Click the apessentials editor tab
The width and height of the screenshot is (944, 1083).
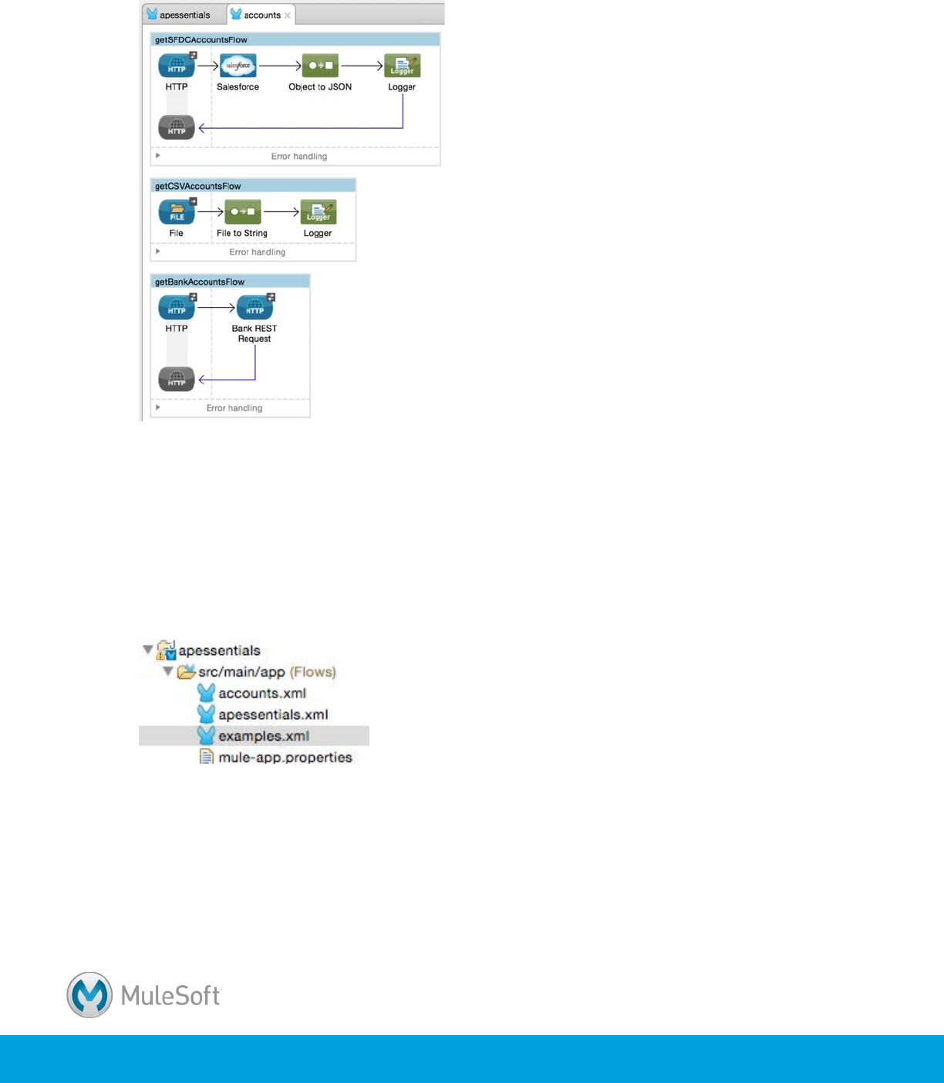pyautogui.click(x=184, y=15)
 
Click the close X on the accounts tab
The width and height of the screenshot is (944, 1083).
pyautogui.click(x=288, y=15)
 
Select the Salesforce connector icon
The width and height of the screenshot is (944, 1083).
pyautogui.click(x=238, y=66)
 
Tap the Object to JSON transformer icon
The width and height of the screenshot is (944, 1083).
pyautogui.click(x=320, y=66)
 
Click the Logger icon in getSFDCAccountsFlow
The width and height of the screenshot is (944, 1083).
pyautogui.click(x=402, y=66)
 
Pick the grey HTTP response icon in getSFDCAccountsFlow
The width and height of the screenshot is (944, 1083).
pyautogui.click(x=177, y=127)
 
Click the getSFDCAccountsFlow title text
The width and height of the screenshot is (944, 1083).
pyautogui.click(x=201, y=39)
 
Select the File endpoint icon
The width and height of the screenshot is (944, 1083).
pyautogui.click(x=177, y=212)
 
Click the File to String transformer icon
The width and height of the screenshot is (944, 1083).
pyautogui.click(x=242, y=212)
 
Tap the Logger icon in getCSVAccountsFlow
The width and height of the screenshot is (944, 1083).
pyautogui.click(x=318, y=212)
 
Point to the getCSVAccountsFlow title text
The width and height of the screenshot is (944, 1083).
pyautogui.click(x=198, y=186)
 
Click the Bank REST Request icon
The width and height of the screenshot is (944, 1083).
pyautogui.click(x=255, y=308)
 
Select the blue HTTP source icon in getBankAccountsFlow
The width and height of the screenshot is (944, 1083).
pyautogui.click(x=177, y=308)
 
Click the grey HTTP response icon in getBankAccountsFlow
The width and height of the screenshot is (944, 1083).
pyautogui.click(x=177, y=379)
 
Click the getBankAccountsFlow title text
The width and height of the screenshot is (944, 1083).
pyautogui.click(x=200, y=282)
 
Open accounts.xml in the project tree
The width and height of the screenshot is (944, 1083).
pyautogui.click(x=261, y=693)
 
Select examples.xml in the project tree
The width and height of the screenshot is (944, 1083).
pyautogui.click(x=263, y=736)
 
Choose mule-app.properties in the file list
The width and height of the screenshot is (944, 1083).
pyautogui.click(x=285, y=757)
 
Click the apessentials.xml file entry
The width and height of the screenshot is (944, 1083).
pyautogui.click(x=272, y=715)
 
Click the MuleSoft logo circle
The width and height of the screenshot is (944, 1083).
pyautogui.click(x=89, y=995)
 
